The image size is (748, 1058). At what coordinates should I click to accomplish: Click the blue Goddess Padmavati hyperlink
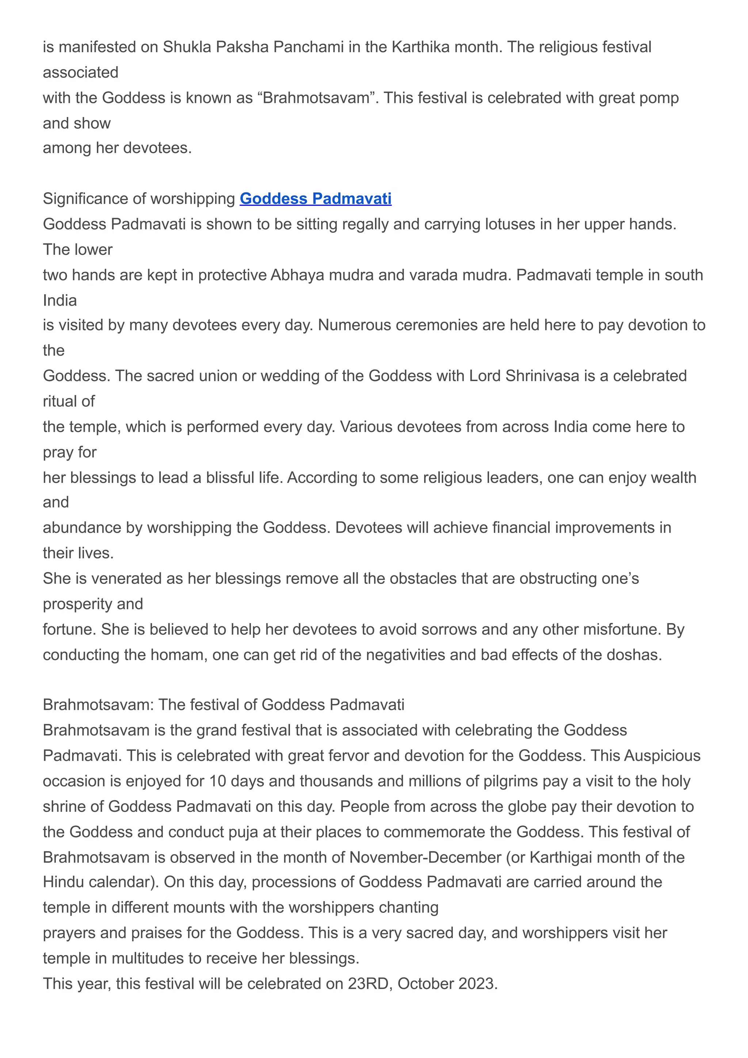tap(315, 199)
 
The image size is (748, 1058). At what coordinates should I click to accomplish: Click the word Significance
tap(86, 199)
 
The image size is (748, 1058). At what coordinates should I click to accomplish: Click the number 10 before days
tap(218, 781)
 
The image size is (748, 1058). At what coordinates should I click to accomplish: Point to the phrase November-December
tap(425, 857)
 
